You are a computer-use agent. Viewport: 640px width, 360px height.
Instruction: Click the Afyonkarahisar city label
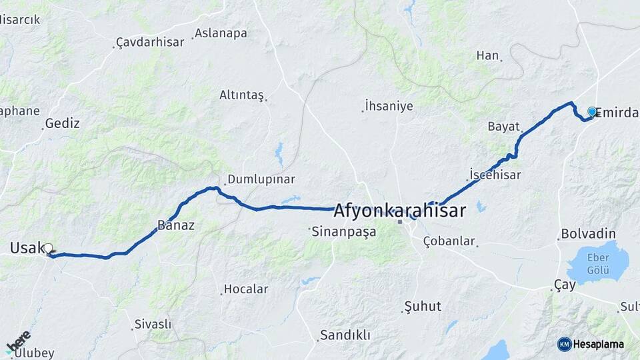point(399,211)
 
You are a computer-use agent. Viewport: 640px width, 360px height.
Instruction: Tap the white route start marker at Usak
point(48,249)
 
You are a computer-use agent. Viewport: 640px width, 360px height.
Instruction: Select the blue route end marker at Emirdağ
point(591,111)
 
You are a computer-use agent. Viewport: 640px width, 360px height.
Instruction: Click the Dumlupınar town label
point(261,179)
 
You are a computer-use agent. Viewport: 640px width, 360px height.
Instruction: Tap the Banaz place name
point(176,225)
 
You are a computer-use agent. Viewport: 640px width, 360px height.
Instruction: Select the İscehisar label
point(495,174)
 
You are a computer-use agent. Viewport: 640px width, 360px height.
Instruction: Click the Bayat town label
point(503,126)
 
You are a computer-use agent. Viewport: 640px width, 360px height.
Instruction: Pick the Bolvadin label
point(588,234)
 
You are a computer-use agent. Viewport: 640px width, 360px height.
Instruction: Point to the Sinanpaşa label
point(345,231)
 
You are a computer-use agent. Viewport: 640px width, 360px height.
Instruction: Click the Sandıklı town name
point(345,335)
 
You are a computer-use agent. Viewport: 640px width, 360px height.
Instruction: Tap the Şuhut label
point(423,306)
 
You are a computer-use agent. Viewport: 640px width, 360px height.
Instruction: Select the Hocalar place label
point(246,289)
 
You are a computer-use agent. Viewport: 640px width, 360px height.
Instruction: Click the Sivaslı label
point(153,324)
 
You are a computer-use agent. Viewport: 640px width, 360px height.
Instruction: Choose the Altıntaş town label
point(241,95)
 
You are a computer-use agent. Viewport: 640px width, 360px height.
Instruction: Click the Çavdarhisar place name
point(150,42)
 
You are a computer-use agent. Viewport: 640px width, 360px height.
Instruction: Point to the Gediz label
point(62,123)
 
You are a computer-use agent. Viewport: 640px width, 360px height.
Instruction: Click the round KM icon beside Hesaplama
point(565,344)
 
